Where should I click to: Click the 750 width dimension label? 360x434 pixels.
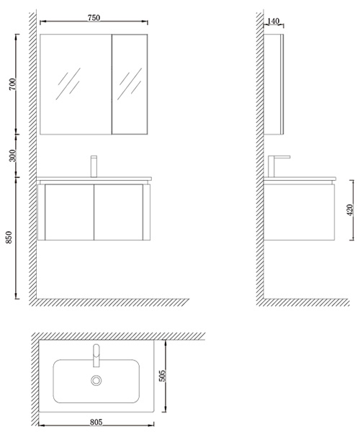tap(94, 18)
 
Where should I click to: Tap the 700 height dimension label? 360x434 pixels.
tap(13, 84)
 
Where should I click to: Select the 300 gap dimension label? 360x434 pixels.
tap(13, 155)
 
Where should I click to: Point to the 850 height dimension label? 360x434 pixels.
tap(9, 238)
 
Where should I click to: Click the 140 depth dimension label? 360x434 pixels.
tap(274, 21)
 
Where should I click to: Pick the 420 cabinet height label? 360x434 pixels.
tap(350, 210)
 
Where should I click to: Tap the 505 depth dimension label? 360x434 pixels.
tap(162, 376)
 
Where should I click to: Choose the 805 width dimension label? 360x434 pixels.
tap(96, 422)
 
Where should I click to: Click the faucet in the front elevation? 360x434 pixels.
tap(94, 166)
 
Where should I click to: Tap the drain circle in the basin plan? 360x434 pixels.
tap(96, 380)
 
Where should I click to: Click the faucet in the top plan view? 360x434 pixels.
tap(96, 356)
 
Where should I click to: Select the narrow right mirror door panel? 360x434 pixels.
tap(130, 84)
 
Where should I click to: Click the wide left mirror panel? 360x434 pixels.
tap(76, 84)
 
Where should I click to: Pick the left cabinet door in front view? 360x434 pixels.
tap(69, 212)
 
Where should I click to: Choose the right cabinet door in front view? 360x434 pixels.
tap(118, 212)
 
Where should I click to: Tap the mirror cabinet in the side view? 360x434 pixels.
tap(274, 84)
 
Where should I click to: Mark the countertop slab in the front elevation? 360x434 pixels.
tap(94, 178)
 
